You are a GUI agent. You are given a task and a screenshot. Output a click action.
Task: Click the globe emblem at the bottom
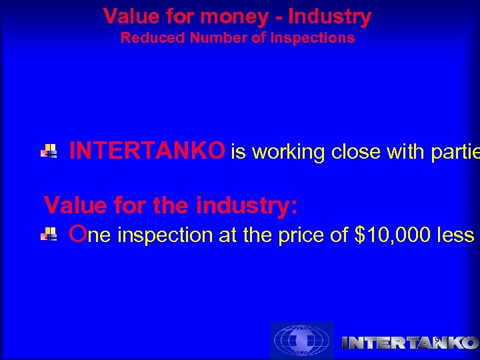pos(301,341)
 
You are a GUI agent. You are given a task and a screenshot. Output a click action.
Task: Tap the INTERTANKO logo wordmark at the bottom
pos(409,343)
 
